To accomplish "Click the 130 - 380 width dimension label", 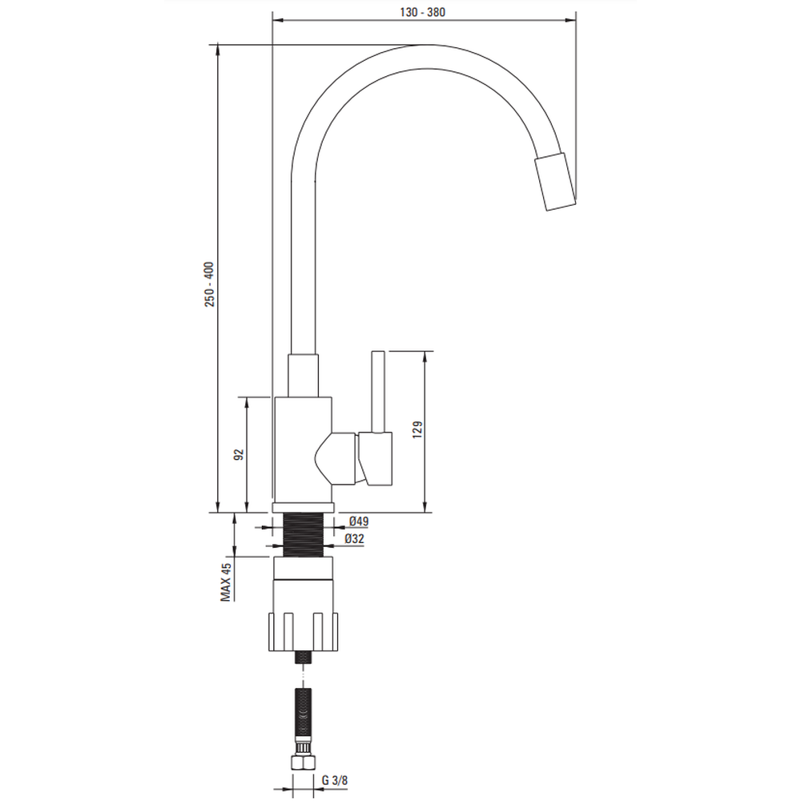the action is point(422,12).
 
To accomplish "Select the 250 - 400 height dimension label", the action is point(210,284).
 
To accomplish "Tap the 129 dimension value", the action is point(417,429).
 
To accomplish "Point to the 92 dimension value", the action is point(239,455).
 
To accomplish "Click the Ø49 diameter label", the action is point(359,521).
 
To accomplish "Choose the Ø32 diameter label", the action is point(355,539).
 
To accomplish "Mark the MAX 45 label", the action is point(226,582).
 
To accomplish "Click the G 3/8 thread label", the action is point(335,780).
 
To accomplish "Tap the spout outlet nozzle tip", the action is point(555,181).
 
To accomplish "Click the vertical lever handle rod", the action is point(377,392).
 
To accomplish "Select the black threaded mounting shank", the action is point(304,535).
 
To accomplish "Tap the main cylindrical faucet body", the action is point(303,449).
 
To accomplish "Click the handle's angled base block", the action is point(376,458).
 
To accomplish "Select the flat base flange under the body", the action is point(304,508).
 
